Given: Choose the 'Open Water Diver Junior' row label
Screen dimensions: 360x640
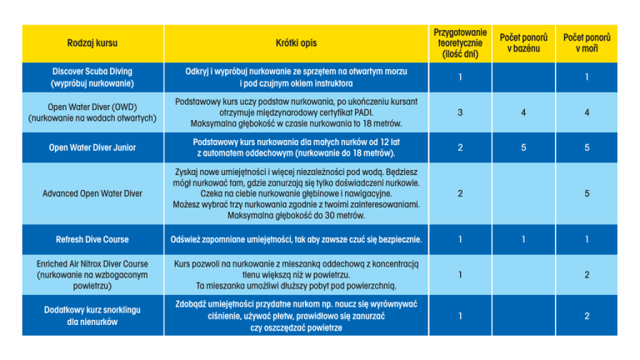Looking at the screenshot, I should pos(92,147).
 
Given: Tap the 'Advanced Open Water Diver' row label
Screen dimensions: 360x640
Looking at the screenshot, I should pos(92,193).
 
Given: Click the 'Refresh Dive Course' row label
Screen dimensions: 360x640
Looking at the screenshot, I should pos(92,239).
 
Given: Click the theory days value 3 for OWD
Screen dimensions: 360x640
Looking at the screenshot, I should pos(461,112).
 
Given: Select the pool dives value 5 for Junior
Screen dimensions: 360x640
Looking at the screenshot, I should pos(523,147).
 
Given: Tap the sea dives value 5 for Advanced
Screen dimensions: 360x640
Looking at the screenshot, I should pos(587,193).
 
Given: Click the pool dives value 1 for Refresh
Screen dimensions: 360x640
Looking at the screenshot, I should pos(523,239).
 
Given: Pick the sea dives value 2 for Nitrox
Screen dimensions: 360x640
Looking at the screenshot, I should pos(587,274).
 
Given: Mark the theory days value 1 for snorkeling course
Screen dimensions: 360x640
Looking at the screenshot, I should pos(461,316).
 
